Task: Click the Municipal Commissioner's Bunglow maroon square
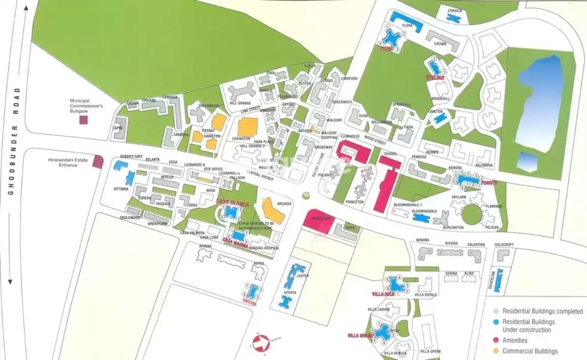tap(83, 120)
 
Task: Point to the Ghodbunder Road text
tap(16, 142)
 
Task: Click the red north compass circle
tap(260, 343)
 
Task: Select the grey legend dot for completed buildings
tap(496, 311)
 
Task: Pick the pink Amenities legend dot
tap(496, 341)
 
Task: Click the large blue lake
tap(540, 104)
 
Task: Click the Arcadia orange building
tap(273, 210)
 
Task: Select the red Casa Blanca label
tap(231, 202)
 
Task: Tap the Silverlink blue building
tap(498, 280)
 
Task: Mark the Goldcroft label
tap(504, 245)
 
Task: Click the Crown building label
tap(440, 44)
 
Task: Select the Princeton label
tap(354, 202)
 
